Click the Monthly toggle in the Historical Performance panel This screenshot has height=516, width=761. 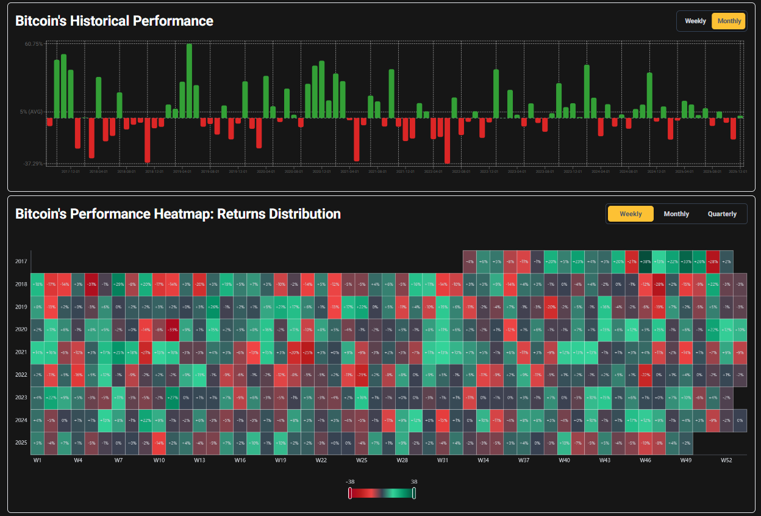(729, 21)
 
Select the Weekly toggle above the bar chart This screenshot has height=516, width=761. (695, 21)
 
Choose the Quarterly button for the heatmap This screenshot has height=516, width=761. (722, 214)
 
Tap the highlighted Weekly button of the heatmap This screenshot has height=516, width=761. (631, 214)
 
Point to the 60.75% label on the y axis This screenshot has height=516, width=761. (34, 44)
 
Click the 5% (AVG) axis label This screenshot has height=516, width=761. (31, 112)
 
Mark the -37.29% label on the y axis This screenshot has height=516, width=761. (34, 164)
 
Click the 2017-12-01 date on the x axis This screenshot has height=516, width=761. (71, 172)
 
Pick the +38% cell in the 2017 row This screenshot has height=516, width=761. (645, 261)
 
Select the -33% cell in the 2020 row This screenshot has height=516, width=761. (173, 330)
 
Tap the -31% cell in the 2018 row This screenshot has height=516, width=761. (91, 284)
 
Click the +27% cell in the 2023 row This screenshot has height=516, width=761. (173, 398)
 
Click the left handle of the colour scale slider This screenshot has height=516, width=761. (350, 493)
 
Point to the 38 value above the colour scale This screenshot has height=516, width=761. (414, 482)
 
